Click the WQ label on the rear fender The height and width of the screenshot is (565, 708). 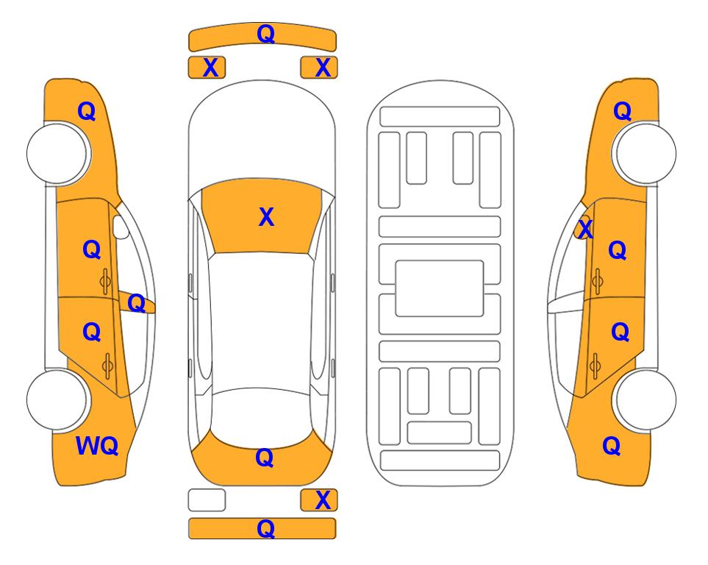point(97,446)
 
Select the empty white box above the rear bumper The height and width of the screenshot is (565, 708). point(207,500)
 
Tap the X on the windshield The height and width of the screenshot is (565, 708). point(266,217)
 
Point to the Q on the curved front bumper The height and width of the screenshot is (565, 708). point(265,34)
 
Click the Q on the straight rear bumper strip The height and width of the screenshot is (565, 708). point(265,528)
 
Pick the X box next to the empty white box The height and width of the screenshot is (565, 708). point(319,500)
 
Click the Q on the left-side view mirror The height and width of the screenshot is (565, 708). point(136,303)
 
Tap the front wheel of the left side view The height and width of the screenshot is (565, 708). point(58,154)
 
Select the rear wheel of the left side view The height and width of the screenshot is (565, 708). point(58,400)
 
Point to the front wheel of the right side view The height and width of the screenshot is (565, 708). point(645,154)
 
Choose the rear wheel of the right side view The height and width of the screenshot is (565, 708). point(645,400)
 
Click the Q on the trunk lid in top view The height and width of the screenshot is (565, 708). point(264,458)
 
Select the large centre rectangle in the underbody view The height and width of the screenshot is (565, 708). point(440,288)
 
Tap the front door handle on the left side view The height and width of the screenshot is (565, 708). point(105,282)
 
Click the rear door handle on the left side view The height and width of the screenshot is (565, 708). point(107,366)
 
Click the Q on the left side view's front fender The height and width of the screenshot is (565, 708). point(87,111)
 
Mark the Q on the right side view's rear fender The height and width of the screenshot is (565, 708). point(612,446)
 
